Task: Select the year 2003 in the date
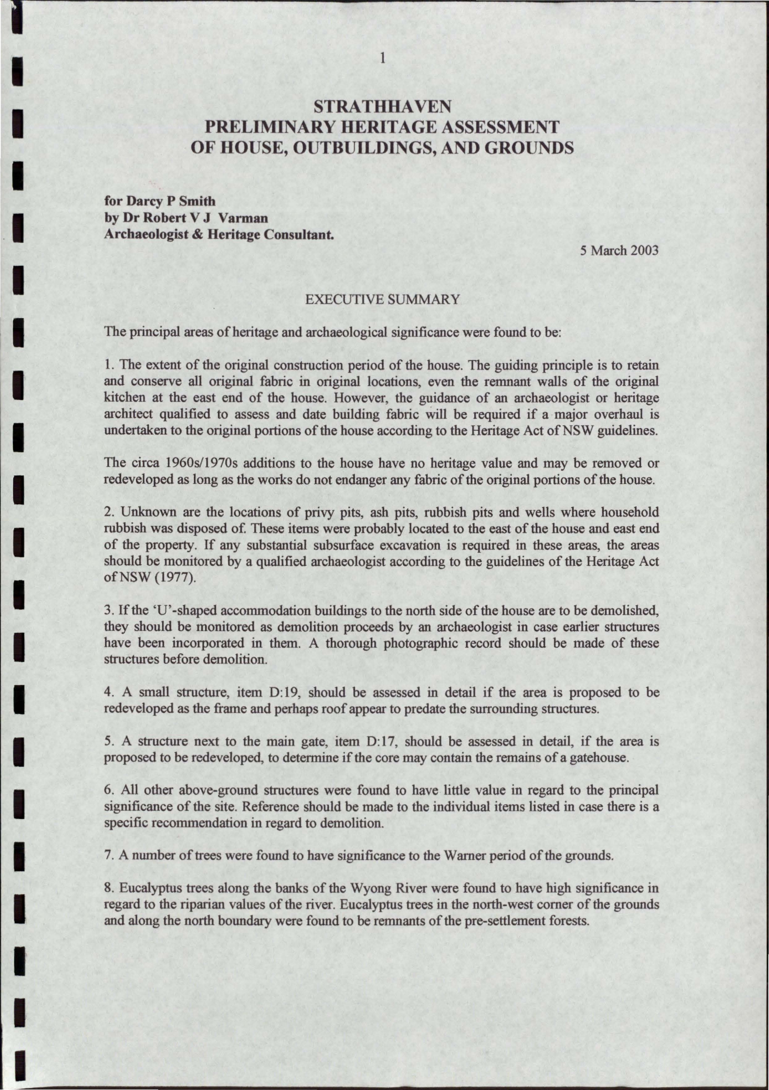tap(644, 250)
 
